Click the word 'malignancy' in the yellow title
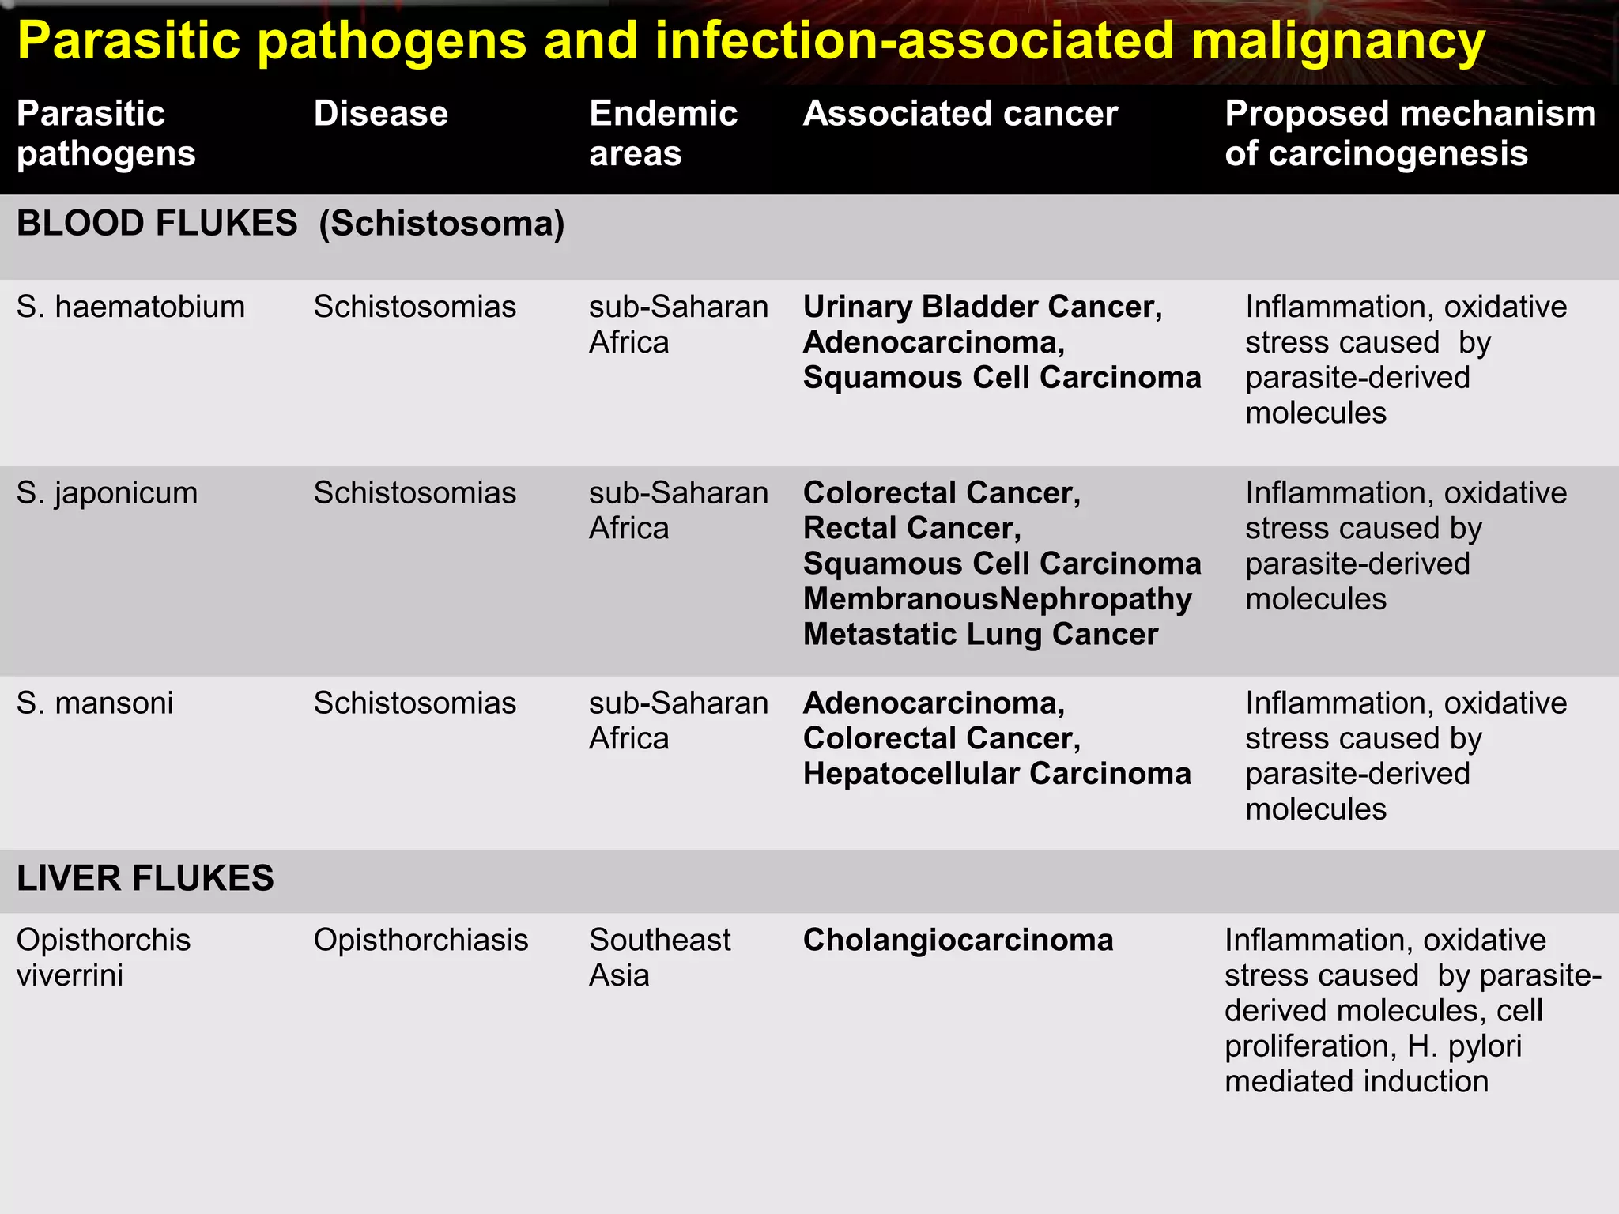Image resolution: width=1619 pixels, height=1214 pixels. pos(1338,41)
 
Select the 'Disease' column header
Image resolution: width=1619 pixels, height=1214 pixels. pos(380,114)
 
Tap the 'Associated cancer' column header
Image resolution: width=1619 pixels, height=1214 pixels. pos(960,114)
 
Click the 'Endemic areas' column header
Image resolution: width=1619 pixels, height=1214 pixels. pos(662,133)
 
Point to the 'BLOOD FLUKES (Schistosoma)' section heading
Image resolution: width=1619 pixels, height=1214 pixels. pos(290,224)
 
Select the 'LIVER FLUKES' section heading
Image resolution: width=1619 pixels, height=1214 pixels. pos(145,878)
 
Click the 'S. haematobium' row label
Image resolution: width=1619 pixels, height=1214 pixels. pos(130,307)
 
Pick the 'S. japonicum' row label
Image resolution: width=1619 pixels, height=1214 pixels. pos(107,493)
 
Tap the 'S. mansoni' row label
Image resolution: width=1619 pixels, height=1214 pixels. pos(95,703)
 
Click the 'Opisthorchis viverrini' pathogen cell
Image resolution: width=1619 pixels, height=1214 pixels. pos(103,957)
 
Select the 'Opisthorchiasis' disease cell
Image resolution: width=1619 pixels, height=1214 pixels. pos(421,941)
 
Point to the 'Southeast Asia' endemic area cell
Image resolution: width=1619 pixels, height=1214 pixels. pos(659,957)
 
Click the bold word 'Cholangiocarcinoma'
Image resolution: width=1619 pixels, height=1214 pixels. pos(958,941)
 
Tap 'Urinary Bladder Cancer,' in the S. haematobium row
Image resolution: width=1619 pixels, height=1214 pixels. pos(983,307)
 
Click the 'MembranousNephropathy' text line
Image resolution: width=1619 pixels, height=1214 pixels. pos(997,599)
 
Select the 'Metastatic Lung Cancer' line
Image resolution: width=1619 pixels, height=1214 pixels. pos(980,635)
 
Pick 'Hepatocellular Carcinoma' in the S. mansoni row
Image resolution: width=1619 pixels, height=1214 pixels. pos(996,774)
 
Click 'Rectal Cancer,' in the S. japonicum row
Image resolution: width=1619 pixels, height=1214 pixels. pos(911,528)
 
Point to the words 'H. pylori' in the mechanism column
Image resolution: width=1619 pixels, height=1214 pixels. pos(1464,1046)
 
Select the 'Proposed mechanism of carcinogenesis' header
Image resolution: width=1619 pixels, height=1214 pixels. pos(1410,133)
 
